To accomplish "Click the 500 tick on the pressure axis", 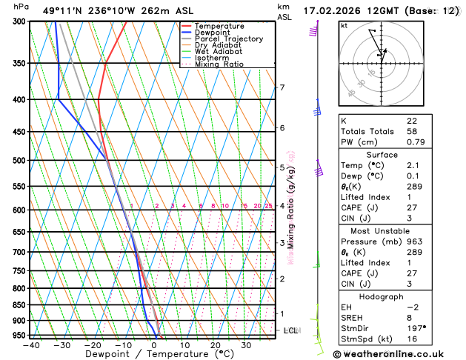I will click(19, 160).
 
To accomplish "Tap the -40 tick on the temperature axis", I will click(31, 344).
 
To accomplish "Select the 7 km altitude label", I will click(282, 88).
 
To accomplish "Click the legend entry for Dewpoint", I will click(213, 33).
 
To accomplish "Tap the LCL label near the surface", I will click(290, 330).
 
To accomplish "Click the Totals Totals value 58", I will click(412, 131).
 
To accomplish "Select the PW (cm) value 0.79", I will click(415, 142).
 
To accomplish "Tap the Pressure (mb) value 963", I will click(414, 241).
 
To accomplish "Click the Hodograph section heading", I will click(381, 296).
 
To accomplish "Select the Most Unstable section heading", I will click(381, 230).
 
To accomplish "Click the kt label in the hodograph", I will click(344, 25).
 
